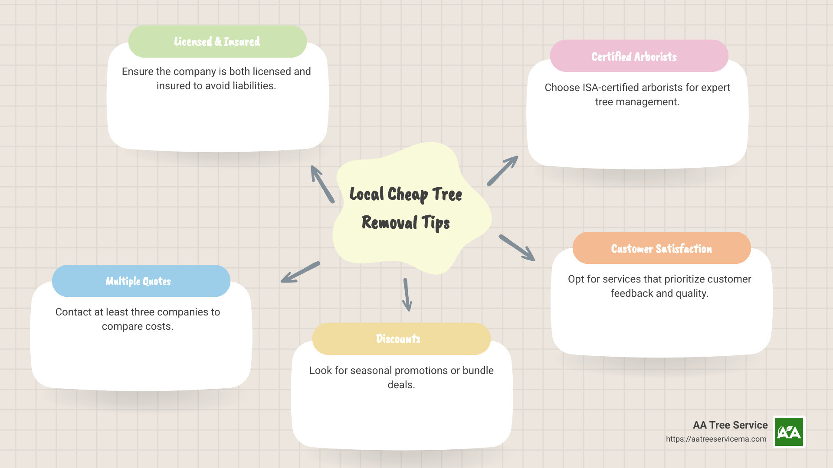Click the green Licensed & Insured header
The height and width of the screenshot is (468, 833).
click(217, 42)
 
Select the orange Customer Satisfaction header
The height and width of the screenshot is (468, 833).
click(661, 248)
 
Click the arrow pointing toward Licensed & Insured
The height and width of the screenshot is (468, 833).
click(322, 184)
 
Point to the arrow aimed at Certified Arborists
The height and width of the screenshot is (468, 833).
click(502, 171)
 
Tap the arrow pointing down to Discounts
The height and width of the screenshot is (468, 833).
click(407, 295)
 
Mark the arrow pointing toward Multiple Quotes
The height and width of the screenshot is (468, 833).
click(300, 273)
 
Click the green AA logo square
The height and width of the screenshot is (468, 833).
click(789, 432)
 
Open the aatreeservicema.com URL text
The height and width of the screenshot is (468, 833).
click(716, 439)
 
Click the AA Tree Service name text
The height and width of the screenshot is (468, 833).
click(730, 425)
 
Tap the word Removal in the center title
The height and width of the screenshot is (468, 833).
click(389, 223)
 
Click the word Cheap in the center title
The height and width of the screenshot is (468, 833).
click(407, 195)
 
